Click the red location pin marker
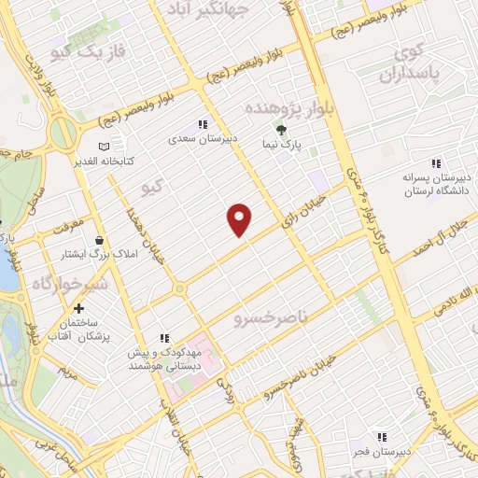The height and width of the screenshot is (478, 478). tap(240, 218)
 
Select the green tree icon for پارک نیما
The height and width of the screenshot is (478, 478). tap(279, 129)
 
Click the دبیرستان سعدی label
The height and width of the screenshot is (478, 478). tap(204, 139)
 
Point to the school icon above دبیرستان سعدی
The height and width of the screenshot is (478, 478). tap(202, 124)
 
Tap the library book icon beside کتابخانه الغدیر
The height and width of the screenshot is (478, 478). tap(103, 146)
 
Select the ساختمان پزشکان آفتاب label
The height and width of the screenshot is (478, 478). tap(78, 329)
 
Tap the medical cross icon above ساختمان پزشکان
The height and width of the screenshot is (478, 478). tap(78, 308)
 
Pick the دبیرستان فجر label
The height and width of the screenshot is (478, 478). tap(381, 452)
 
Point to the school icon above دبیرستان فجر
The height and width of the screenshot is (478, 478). tap(381, 437)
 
